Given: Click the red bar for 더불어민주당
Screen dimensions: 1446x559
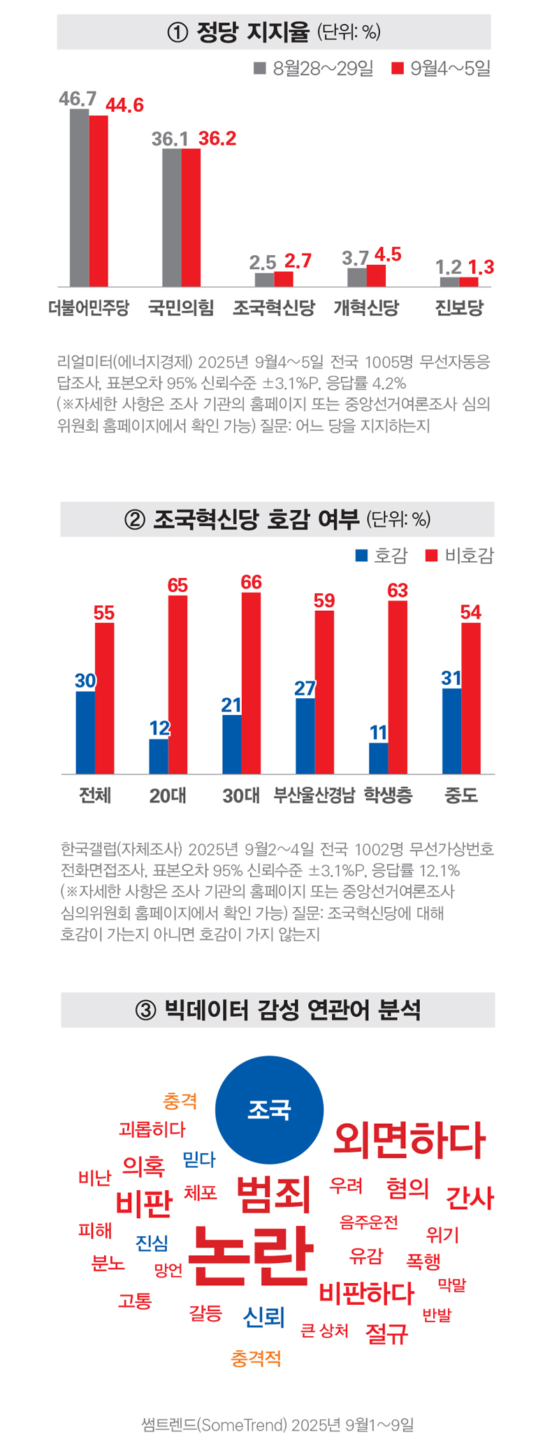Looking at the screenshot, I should point(99,201).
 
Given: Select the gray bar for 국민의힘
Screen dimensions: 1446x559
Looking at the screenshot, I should point(172,217).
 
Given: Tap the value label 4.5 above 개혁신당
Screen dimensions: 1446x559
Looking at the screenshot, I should point(388,254).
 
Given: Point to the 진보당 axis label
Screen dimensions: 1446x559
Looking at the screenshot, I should point(459,308).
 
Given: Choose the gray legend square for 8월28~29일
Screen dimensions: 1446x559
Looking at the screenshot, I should point(260,68).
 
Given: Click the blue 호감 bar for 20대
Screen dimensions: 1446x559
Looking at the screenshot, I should point(159,756).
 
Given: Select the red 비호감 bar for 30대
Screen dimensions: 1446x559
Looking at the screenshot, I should point(251,683).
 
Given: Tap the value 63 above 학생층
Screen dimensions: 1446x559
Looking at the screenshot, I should point(398,591).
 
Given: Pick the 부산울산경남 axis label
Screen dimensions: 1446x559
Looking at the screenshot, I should point(314,795).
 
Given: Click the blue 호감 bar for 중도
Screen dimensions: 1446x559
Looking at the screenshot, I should point(451,731).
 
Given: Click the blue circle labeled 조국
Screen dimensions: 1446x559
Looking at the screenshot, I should point(269,1110).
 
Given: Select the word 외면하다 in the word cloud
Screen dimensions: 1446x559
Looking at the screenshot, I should point(409,1141).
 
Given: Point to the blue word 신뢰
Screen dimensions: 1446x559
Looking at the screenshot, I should point(264,1317).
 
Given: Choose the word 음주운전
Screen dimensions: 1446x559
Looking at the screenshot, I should point(368,1222).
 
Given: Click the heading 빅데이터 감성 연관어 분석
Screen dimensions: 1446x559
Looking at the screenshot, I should point(278,1010).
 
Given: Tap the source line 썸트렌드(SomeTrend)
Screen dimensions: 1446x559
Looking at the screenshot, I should point(277,1424).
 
